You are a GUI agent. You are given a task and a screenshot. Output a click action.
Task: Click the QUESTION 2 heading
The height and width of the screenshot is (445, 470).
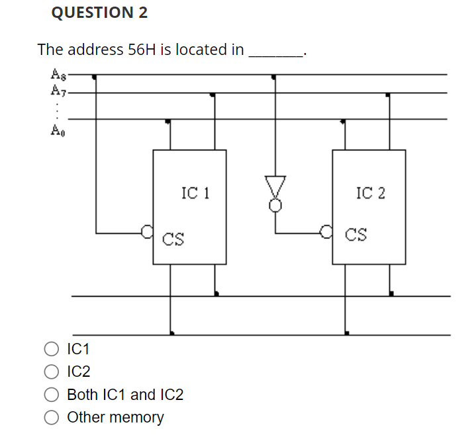[99, 13]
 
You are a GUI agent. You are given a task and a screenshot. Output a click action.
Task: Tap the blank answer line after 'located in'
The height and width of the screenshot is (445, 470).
[275, 53]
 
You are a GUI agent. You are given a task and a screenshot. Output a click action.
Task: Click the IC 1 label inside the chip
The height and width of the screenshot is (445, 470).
[195, 193]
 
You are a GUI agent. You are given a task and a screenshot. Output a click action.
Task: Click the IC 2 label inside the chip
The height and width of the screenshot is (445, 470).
[370, 193]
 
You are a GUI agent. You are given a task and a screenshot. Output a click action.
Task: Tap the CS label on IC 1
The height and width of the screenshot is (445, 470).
[173, 237]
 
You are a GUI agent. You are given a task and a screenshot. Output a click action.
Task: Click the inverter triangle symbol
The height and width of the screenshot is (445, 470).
[275, 186]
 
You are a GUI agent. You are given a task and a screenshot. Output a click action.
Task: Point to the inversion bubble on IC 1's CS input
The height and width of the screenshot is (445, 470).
[148, 232]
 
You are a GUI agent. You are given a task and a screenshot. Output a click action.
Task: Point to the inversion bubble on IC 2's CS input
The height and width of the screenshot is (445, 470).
[325, 232]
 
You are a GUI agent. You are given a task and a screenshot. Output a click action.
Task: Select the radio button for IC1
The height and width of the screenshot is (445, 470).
[52, 349]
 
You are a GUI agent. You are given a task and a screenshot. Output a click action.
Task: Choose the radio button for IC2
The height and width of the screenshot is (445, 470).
[52, 372]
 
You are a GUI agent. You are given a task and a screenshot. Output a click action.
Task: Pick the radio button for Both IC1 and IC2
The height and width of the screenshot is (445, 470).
[52, 395]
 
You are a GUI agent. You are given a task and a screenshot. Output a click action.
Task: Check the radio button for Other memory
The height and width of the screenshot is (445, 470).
[52, 418]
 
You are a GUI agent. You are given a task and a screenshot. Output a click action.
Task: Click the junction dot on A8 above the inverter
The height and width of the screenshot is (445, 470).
[274, 77]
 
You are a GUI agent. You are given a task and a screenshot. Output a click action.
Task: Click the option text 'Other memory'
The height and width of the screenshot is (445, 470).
[115, 418]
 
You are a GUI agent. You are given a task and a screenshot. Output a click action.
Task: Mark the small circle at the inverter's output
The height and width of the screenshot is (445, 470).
[275, 205]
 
